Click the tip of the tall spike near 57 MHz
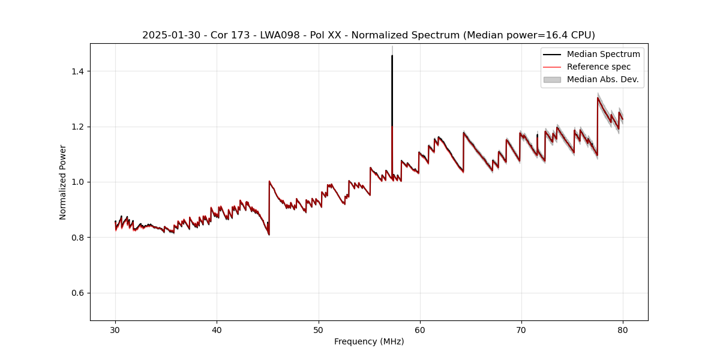[392, 56]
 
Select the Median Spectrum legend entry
[603, 54]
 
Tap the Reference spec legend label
[598, 67]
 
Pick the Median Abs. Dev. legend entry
[602, 79]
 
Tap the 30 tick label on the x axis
[116, 329]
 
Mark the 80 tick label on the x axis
[623, 329]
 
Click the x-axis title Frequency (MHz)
[369, 341]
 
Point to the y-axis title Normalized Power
[63, 182]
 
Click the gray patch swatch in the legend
[552, 79]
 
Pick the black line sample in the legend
[552, 54]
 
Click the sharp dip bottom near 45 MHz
[269, 235]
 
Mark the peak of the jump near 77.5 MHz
[598, 98]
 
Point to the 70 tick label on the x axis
[521, 329]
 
